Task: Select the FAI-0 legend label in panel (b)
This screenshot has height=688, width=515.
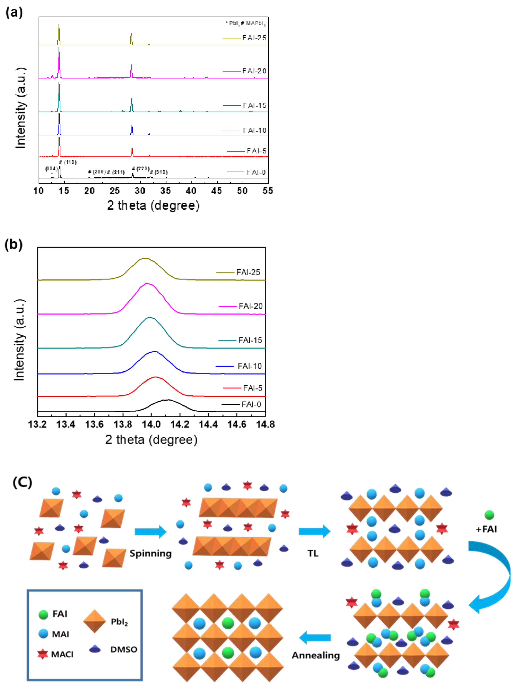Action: click(251, 404)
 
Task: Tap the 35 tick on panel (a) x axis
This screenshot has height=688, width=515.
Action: click(165, 191)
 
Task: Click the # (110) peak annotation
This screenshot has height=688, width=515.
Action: click(68, 162)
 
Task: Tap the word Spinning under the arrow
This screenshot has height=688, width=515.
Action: click(150, 553)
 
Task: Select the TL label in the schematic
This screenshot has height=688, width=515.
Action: click(313, 553)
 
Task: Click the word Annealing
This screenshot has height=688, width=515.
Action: click(316, 655)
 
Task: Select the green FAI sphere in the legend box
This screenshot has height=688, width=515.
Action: click(43, 614)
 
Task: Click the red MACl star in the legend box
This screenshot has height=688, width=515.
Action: click(43, 654)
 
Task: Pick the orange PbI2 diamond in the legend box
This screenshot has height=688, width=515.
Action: click(95, 621)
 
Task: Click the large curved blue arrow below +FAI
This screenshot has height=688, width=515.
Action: click(497, 575)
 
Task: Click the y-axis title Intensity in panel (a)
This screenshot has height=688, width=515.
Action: click(21, 108)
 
